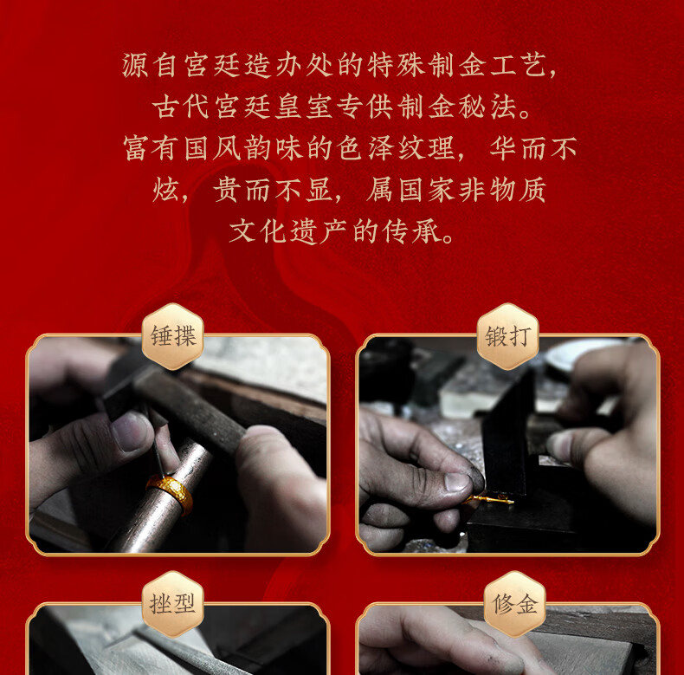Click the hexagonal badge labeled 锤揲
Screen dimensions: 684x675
[173, 336]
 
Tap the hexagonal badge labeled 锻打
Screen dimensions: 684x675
[508, 336]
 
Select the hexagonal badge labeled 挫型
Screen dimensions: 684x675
[173, 604]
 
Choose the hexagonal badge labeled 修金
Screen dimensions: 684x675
[515, 604]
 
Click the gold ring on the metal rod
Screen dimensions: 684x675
[170, 494]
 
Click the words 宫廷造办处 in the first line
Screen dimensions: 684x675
[258, 66]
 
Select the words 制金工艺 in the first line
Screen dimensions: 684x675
[487, 66]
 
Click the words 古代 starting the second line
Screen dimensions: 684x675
[181, 107]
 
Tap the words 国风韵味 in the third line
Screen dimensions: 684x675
[243, 148]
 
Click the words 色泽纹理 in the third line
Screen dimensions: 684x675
[396, 148]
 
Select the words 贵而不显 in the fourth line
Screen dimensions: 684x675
[272, 190]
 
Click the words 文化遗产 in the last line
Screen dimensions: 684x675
[288, 231]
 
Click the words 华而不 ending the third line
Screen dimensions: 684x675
[533, 148]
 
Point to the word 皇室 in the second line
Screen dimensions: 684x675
[304, 107]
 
